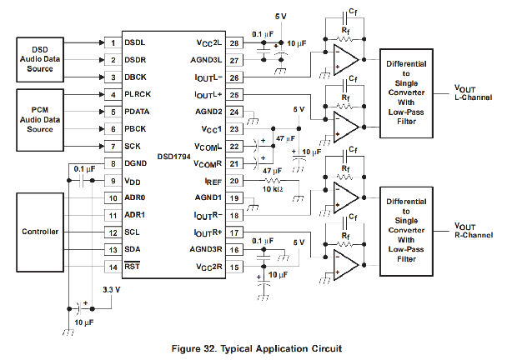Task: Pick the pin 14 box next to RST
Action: point(111,267)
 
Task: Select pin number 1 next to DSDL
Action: point(111,42)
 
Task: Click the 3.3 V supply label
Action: point(111,289)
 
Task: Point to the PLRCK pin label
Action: point(138,94)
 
